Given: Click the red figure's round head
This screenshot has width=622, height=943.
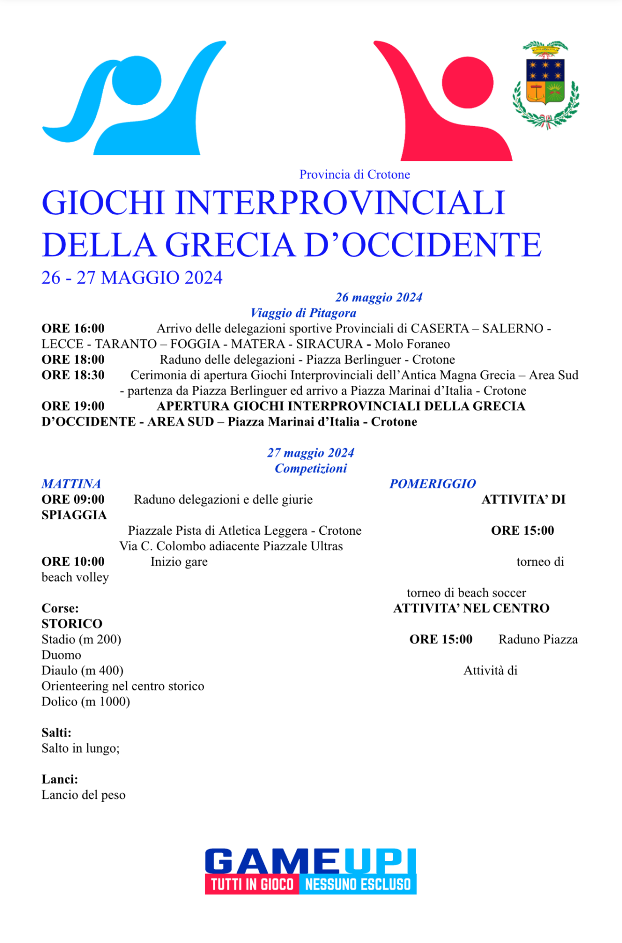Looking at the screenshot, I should click(x=468, y=82).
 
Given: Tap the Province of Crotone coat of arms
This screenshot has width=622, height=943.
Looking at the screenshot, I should click(x=545, y=85).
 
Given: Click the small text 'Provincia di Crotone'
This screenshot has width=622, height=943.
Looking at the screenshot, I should click(x=355, y=175).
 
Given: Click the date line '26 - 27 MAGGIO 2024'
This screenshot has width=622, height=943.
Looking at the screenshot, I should click(x=132, y=278).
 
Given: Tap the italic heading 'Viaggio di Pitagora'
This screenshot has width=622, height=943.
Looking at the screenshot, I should click(x=303, y=313).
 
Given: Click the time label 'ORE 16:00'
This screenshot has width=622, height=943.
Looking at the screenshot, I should click(x=73, y=328).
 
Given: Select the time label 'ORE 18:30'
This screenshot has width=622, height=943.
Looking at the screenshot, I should click(x=73, y=375).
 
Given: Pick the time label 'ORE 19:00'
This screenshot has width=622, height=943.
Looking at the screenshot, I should click(x=73, y=406).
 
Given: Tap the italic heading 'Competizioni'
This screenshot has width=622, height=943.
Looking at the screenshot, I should click(x=310, y=468).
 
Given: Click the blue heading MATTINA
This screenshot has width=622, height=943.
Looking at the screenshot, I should click(x=71, y=484).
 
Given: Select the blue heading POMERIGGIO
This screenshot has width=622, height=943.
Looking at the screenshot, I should click(x=433, y=484).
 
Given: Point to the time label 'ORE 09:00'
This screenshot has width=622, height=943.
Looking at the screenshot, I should click(x=73, y=500).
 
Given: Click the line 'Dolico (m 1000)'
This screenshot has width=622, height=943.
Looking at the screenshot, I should click(x=86, y=702).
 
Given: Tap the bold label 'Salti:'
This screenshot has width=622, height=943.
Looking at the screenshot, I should click(x=56, y=733).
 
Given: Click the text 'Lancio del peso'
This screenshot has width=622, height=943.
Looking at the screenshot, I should click(x=83, y=795).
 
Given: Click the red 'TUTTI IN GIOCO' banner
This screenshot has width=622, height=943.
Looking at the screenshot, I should click(x=252, y=884).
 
